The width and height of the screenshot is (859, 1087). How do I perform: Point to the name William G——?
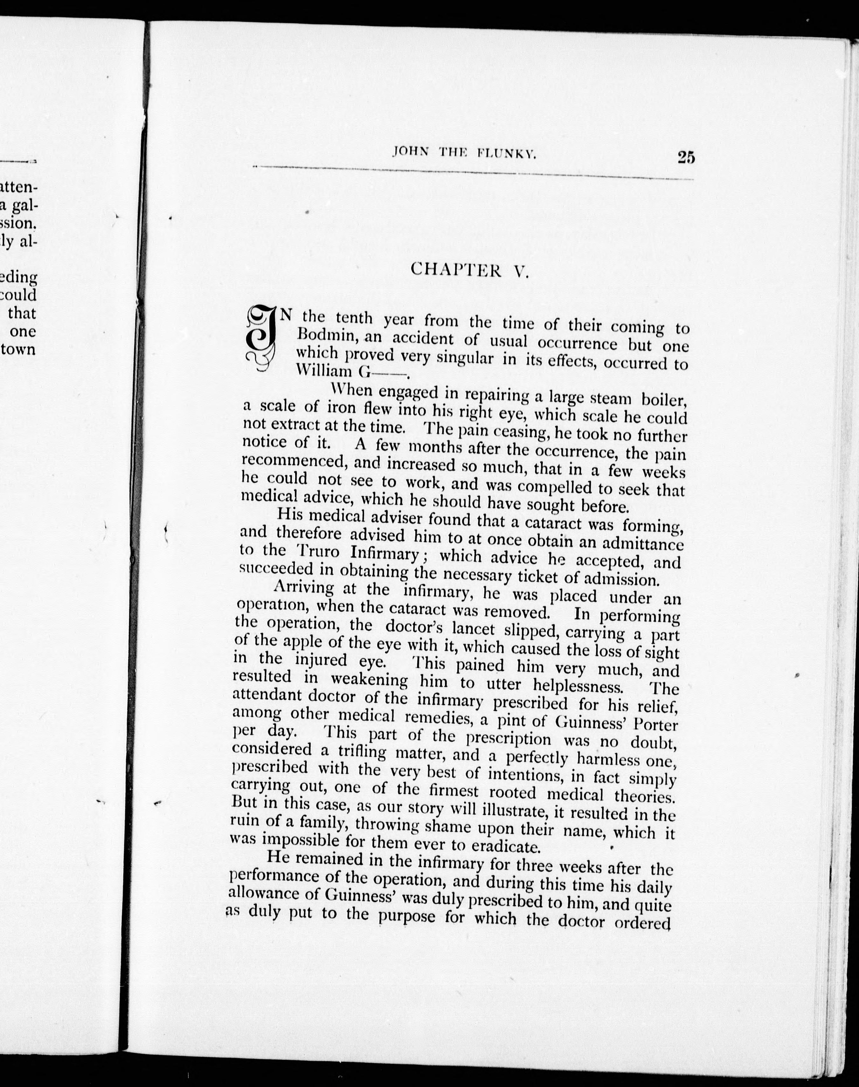point(350,371)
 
